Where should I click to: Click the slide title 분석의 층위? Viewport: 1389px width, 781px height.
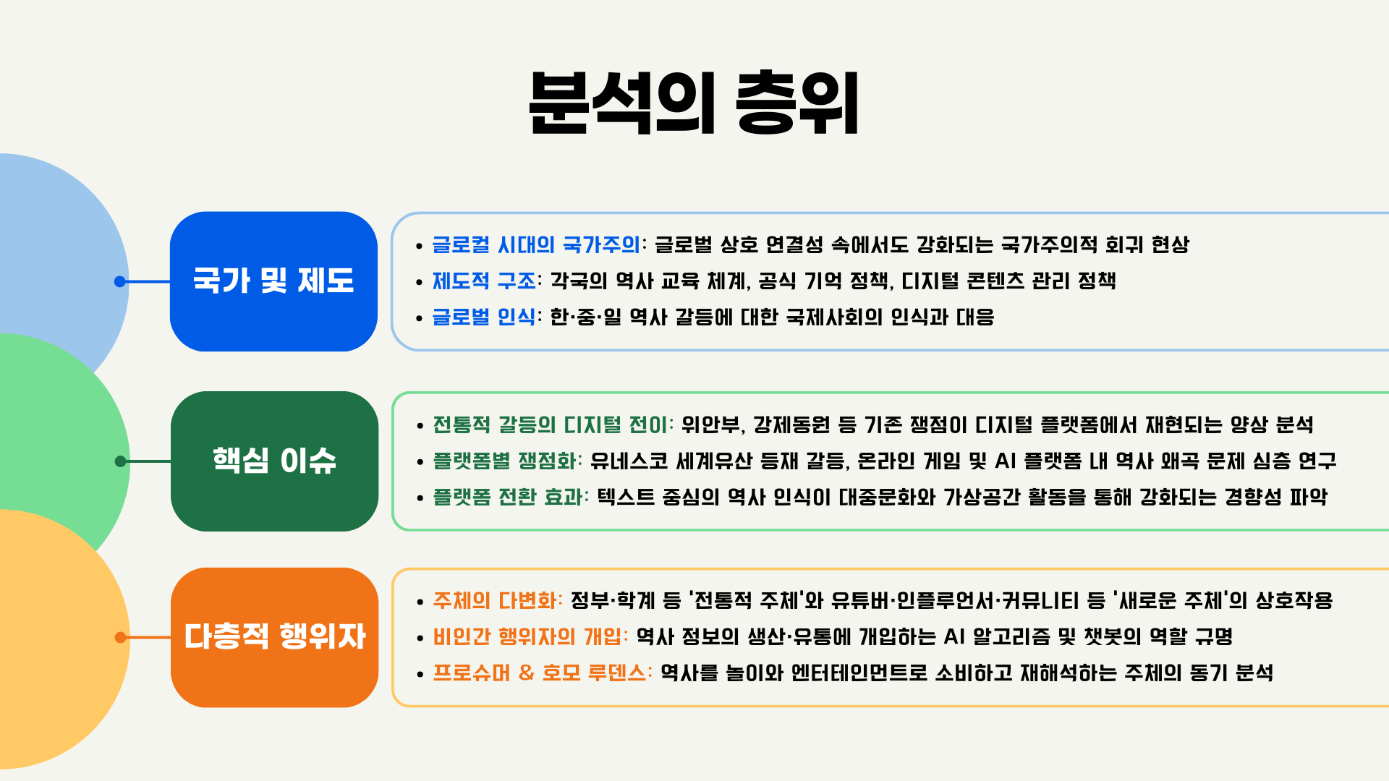pyautogui.click(x=694, y=102)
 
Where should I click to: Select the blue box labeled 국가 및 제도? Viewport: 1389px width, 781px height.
pyautogui.click(x=273, y=281)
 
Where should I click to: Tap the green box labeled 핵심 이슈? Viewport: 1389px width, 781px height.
pyautogui.click(x=274, y=461)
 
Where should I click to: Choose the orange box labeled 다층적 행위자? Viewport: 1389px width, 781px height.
pyautogui.click(x=274, y=637)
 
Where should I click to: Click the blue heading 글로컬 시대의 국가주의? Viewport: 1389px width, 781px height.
pyautogui.click(x=536, y=244)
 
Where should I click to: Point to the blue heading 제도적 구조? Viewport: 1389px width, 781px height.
pyautogui.click(x=484, y=281)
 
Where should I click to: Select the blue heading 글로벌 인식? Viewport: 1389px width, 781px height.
pyautogui.click(x=484, y=317)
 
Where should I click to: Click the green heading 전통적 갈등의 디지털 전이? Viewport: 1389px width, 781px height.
pyautogui.click(x=552, y=424)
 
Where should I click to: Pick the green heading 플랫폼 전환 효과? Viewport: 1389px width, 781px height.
pyautogui.click(x=510, y=497)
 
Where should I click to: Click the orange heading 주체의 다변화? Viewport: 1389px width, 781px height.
pyautogui.click(x=496, y=600)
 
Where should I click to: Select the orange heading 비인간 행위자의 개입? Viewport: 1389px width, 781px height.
pyautogui.click(x=530, y=636)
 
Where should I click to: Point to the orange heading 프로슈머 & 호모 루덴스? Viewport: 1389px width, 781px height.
pyautogui.click(x=541, y=673)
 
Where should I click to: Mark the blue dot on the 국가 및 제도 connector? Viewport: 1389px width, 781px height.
pyautogui.click(x=120, y=281)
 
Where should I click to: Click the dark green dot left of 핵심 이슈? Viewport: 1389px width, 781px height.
pyautogui.click(x=121, y=461)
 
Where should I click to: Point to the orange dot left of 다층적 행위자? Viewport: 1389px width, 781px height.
pyautogui.click(x=121, y=637)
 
